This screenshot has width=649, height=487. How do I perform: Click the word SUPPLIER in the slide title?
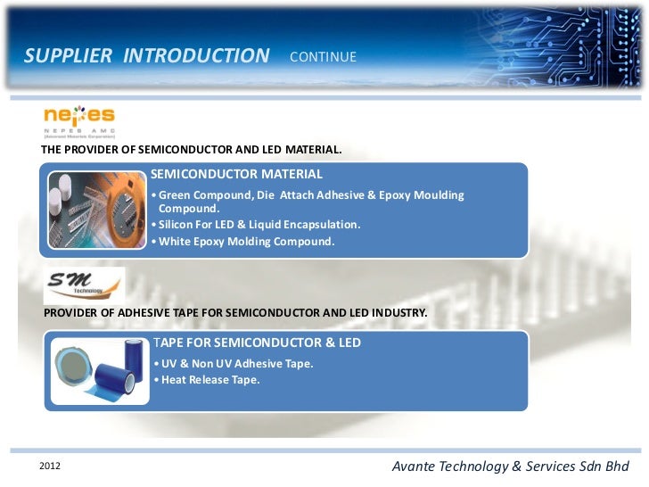69,56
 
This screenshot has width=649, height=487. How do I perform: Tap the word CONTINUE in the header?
323,57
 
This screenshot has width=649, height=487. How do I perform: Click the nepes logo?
79,120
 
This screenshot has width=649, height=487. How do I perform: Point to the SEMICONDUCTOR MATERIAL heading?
236,174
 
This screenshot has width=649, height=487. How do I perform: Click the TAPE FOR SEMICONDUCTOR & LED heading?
257,343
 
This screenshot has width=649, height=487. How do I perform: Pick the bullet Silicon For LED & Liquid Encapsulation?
257,224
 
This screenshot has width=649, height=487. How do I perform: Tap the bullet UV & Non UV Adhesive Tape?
234,364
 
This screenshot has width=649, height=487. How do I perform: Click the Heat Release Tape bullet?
207,380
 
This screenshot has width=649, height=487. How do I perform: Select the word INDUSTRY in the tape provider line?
398,314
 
